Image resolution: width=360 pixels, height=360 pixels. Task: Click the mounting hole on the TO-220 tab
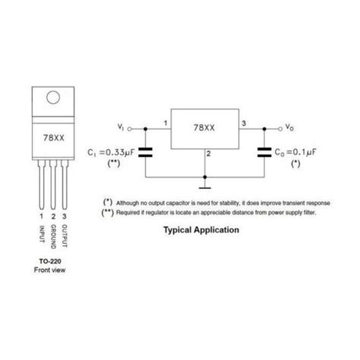point(53,97)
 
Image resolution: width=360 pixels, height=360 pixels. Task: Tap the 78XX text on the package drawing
point(54,138)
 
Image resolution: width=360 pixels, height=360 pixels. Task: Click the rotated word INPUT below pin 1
point(42,234)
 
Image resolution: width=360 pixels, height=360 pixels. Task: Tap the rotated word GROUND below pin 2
point(53,236)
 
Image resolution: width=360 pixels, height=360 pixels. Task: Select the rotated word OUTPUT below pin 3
point(65,235)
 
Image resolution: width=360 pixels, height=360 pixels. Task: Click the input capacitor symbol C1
point(145,153)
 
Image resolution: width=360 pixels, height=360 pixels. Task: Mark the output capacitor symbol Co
point(264,153)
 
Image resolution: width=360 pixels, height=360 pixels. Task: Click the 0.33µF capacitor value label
point(120,153)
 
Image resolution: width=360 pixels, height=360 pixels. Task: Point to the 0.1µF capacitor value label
point(305,152)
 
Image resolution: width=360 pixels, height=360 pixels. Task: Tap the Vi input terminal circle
point(129,129)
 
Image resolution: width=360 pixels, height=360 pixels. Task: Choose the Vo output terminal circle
point(280,129)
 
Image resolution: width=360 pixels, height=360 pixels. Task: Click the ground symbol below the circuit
point(205,188)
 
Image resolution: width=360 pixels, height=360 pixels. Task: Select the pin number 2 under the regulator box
point(208,153)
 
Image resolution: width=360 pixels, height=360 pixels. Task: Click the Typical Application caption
point(201,230)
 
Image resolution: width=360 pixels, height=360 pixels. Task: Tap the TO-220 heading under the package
point(50,261)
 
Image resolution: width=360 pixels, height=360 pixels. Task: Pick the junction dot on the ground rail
point(205,177)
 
